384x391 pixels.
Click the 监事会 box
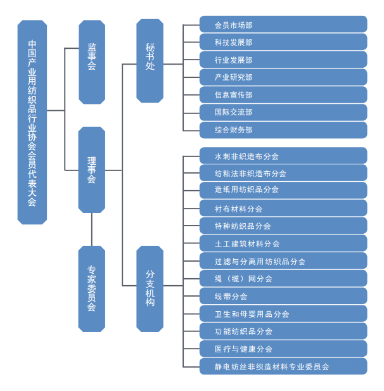tap(92, 61)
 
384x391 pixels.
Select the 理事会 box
tap(92, 169)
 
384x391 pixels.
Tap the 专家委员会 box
tap(92, 288)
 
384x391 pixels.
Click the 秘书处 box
tap(150, 60)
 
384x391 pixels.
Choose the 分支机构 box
tap(150, 288)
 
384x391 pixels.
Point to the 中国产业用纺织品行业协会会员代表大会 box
tap(32, 122)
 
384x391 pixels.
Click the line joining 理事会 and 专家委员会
tap(92, 229)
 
